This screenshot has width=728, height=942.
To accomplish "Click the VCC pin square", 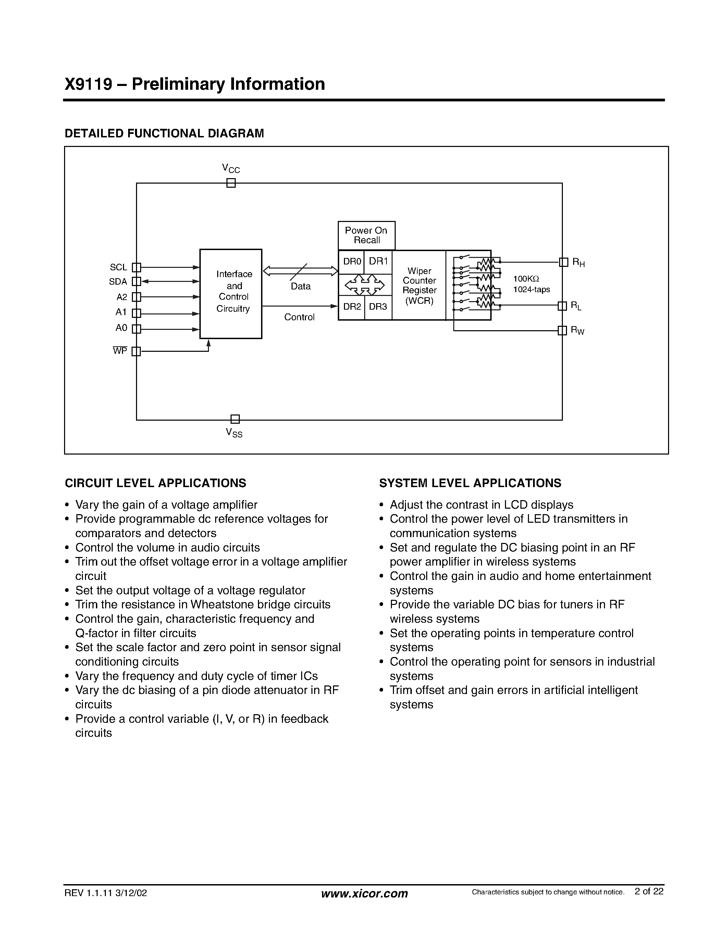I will [x=231, y=183].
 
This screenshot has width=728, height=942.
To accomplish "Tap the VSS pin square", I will [x=235, y=419].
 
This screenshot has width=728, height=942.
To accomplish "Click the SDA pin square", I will [x=136, y=281].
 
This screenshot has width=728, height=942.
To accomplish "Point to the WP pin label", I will [x=120, y=351].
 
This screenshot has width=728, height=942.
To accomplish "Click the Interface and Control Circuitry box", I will [x=231, y=294].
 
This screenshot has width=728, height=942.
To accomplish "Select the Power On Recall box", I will [x=366, y=236].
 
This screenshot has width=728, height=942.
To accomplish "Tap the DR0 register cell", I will [x=351, y=261].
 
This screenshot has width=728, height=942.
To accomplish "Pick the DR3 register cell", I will [x=378, y=307].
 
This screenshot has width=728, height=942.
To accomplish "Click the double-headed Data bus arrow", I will [x=300, y=271].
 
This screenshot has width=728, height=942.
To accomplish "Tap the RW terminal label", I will [x=578, y=331].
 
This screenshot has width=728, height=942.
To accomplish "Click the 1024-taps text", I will [x=531, y=290].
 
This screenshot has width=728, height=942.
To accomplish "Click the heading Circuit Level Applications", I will [x=155, y=483].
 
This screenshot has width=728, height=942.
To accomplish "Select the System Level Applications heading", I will [x=470, y=483].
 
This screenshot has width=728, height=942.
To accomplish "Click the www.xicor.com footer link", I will [x=365, y=893].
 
